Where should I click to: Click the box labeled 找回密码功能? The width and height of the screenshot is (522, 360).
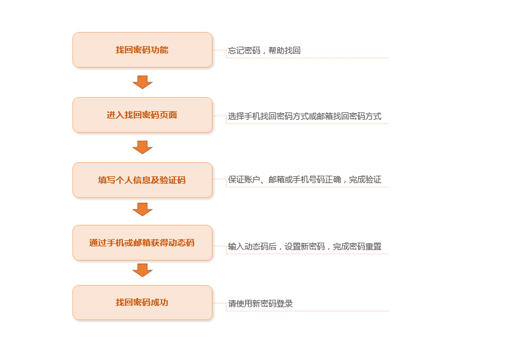(142, 50)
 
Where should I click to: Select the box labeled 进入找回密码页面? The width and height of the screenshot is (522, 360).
(142, 115)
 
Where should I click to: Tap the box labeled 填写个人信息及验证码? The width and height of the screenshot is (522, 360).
(142, 180)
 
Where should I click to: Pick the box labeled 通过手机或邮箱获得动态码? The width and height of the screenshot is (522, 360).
(142, 243)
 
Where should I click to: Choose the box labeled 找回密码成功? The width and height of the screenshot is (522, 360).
(142, 302)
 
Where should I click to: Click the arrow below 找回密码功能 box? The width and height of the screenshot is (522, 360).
(142, 82)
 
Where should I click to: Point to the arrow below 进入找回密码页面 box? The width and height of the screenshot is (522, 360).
(142, 147)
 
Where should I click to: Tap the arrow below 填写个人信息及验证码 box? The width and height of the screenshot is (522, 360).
(142, 209)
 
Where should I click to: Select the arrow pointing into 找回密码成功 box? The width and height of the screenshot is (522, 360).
(142, 270)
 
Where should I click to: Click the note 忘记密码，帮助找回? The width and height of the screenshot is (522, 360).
(264, 50)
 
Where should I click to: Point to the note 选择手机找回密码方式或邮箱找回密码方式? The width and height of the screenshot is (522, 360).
(305, 116)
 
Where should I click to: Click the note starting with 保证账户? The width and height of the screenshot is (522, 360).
(305, 179)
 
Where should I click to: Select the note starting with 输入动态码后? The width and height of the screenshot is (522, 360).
(305, 246)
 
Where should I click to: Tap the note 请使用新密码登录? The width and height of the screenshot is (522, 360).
(260, 303)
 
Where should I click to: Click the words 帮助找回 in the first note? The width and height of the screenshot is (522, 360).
(284, 50)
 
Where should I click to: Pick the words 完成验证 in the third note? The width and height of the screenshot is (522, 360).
(365, 179)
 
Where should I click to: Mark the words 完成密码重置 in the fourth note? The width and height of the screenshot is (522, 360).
(357, 246)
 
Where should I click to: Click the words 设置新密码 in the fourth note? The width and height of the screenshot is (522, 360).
(305, 246)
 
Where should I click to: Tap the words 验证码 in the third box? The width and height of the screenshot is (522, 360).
(173, 180)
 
